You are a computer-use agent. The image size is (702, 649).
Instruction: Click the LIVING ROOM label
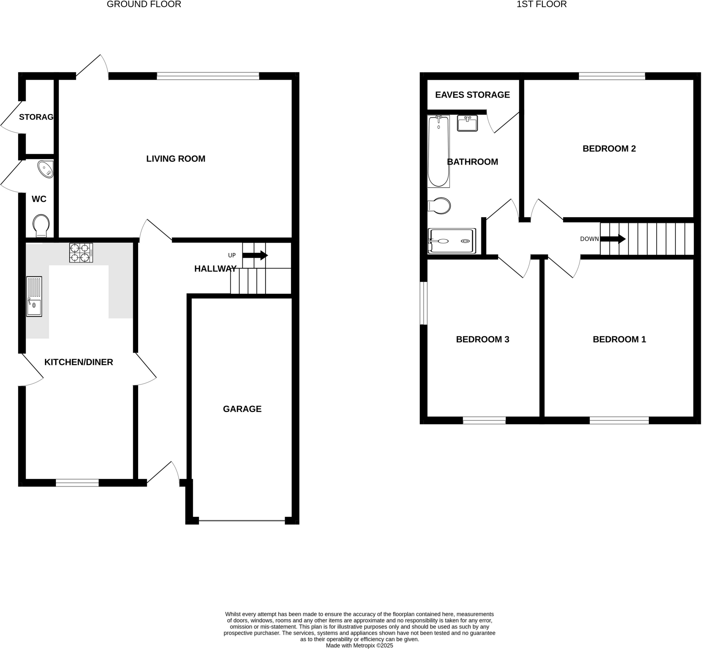tap(176, 159)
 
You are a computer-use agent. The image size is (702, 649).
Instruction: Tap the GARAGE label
tap(242, 409)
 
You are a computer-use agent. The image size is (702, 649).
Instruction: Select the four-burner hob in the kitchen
tap(81, 253)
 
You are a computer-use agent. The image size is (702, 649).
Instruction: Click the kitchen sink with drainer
tap(34, 296)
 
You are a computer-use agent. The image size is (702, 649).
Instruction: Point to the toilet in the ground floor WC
tap(41, 226)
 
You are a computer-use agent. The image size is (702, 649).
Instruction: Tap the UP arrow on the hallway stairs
tap(255, 255)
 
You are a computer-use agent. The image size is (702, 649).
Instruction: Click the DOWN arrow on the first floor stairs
tap(613, 239)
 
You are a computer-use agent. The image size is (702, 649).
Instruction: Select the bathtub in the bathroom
tap(438, 151)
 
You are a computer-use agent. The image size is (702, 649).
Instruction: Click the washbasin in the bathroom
tap(467, 123)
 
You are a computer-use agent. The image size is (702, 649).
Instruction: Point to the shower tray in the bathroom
tap(452, 241)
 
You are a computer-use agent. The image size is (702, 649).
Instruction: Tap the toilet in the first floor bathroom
tap(439, 206)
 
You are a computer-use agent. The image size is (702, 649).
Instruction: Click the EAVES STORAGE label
tap(472, 95)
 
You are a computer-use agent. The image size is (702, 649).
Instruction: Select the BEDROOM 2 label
tap(609, 149)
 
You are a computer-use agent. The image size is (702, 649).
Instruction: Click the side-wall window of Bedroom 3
tap(424, 303)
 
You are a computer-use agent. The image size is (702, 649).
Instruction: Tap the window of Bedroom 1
tap(619, 420)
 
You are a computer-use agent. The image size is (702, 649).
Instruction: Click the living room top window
tap(208, 76)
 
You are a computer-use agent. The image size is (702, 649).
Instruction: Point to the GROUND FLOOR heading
tap(144, 4)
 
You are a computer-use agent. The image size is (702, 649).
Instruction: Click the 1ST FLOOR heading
tap(542, 4)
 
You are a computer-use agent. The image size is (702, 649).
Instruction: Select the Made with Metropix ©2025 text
tap(359, 646)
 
